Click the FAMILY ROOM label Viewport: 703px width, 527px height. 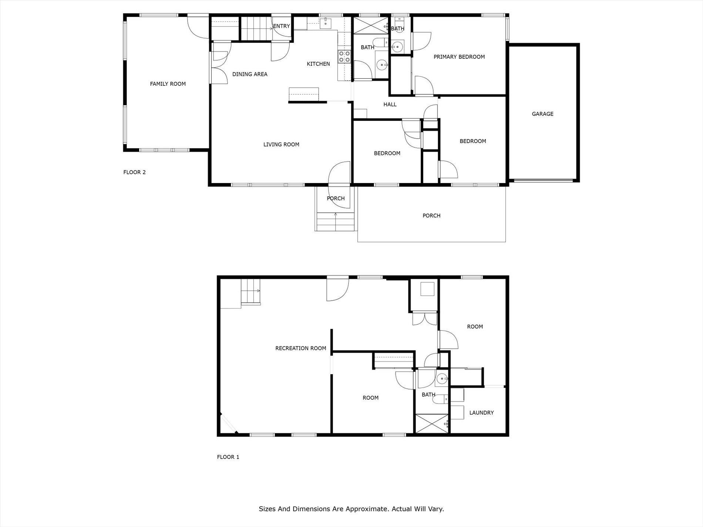(x=168, y=84)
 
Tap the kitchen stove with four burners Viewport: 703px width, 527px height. (x=344, y=56)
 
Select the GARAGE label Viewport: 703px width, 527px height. (x=542, y=114)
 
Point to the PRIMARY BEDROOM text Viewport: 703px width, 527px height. (x=459, y=57)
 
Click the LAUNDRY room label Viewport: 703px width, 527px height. (x=481, y=413)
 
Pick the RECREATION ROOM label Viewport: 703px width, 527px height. (x=300, y=348)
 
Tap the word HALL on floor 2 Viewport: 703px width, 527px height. (x=390, y=105)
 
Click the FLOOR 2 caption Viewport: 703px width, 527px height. (x=134, y=172)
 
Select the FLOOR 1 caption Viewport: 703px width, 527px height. (x=228, y=457)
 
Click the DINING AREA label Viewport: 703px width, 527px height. (x=250, y=74)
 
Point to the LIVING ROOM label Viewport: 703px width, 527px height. (x=281, y=145)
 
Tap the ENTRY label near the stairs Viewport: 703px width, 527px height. (x=282, y=26)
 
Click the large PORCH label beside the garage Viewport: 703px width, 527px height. (x=431, y=216)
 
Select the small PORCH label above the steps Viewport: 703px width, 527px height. (x=336, y=199)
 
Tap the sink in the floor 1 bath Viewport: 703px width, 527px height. (x=442, y=379)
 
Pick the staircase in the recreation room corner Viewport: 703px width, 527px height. (x=250, y=291)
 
